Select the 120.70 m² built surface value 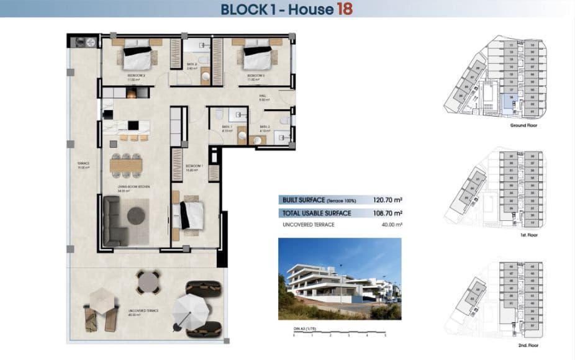click(387, 200)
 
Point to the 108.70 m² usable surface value click(387, 213)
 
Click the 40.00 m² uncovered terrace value click(390, 225)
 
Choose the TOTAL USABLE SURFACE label click(317, 213)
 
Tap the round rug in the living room click(136, 215)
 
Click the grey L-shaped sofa click(115, 220)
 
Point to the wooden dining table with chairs click(126, 165)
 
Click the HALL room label click(263, 96)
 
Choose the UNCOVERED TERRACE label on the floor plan click(143, 311)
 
